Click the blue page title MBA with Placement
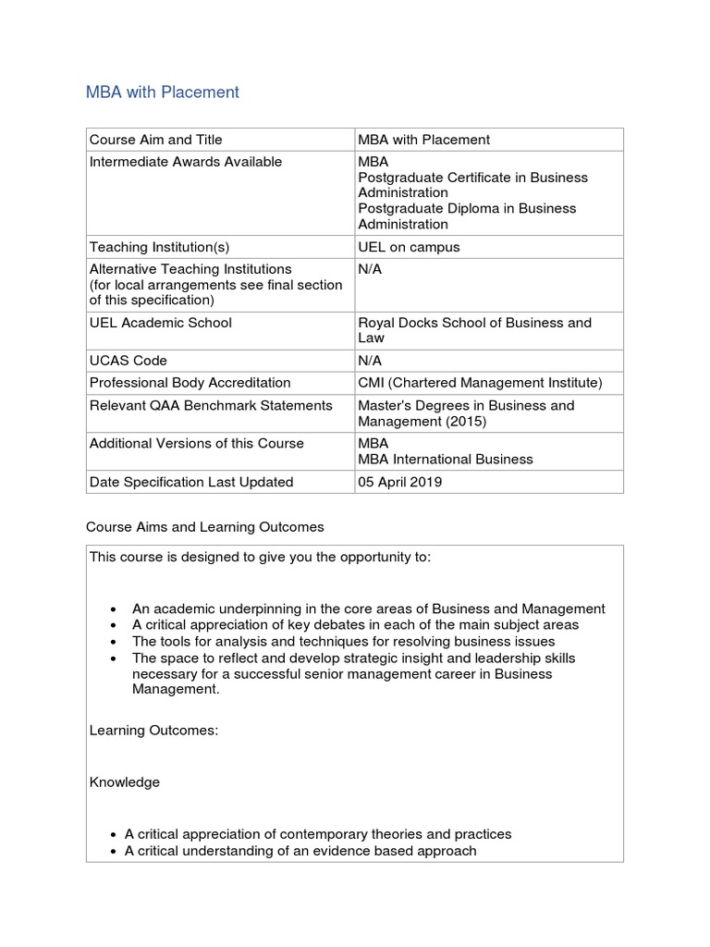tap(162, 92)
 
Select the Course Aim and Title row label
tap(155, 140)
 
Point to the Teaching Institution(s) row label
tap(159, 247)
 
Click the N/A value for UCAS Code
tap(370, 361)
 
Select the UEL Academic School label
tap(160, 323)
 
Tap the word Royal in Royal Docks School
tap(376, 323)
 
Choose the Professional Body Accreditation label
tap(190, 383)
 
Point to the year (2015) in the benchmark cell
tap(461, 421)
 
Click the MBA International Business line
tap(445, 459)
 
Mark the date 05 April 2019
tap(399, 482)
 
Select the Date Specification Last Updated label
tap(190, 482)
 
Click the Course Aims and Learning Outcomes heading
tap(204, 527)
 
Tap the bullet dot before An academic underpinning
tap(113, 609)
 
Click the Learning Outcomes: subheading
tap(153, 731)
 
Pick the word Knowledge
tap(124, 782)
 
